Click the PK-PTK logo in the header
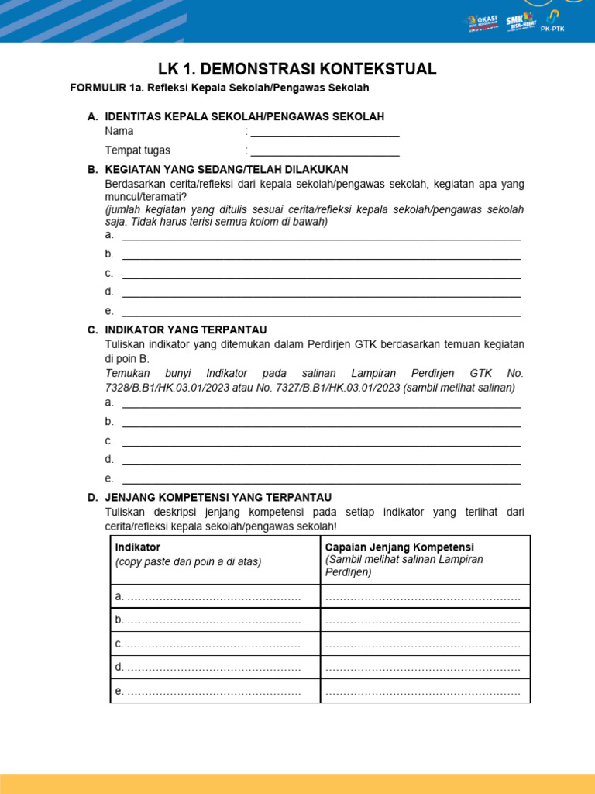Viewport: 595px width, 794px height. (x=552, y=22)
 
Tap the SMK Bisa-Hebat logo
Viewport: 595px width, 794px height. (x=518, y=22)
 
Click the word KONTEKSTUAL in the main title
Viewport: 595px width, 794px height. (x=370, y=69)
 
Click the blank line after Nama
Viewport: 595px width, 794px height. (x=325, y=132)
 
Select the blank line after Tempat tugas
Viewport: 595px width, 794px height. (x=325, y=151)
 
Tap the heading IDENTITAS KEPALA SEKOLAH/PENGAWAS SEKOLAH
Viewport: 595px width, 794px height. (x=244, y=116)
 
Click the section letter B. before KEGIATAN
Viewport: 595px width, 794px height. (x=92, y=169)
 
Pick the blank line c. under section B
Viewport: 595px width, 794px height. (x=322, y=274)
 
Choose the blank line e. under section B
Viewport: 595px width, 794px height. (x=322, y=312)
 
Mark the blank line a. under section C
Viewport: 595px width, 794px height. (x=322, y=403)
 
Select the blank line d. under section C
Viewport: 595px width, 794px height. (x=322, y=460)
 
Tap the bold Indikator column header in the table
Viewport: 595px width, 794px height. (x=138, y=547)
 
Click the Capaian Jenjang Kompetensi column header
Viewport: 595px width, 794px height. (x=399, y=547)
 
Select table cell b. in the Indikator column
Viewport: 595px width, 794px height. (x=215, y=620)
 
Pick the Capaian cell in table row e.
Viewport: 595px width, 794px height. (x=425, y=691)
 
